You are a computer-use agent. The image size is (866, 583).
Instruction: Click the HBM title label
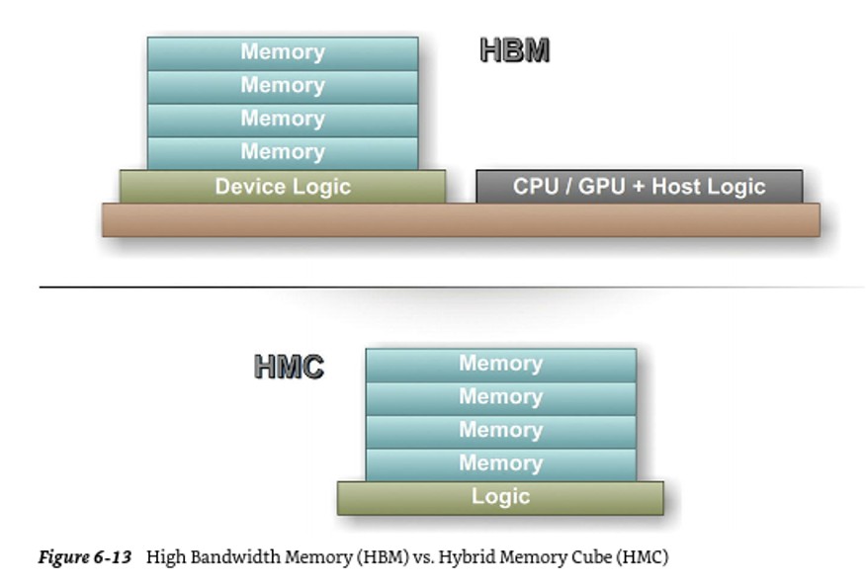pyautogui.click(x=514, y=50)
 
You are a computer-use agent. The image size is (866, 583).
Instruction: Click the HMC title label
pyautogui.click(x=289, y=367)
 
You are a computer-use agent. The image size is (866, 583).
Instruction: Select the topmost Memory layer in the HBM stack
pyautogui.click(x=283, y=53)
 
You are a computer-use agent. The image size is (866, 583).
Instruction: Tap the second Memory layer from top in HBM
pyautogui.click(x=283, y=86)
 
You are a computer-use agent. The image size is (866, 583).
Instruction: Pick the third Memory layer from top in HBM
pyautogui.click(x=283, y=120)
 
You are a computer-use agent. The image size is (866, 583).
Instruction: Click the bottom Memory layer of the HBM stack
pyautogui.click(x=283, y=152)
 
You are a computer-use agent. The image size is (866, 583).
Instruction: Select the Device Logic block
pyautogui.click(x=283, y=186)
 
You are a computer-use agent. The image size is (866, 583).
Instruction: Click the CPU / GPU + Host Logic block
pyautogui.click(x=639, y=186)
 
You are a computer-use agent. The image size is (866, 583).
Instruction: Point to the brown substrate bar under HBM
pyautogui.click(x=461, y=219)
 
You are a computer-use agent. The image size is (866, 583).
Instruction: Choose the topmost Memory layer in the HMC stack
pyautogui.click(x=500, y=364)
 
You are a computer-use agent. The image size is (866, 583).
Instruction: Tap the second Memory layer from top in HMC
pyautogui.click(x=500, y=397)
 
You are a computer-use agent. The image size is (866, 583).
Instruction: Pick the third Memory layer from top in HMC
pyautogui.click(x=500, y=431)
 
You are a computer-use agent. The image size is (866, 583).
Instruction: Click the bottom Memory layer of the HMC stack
pyautogui.click(x=500, y=463)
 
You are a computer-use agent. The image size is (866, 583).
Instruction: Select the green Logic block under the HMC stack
pyautogui.click(x=500, y=497)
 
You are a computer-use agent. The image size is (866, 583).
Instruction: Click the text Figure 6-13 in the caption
pyautogui.click(x=84, y=557)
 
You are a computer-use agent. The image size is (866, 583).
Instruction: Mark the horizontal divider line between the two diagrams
pyautogui.click(x=451, y=287)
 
